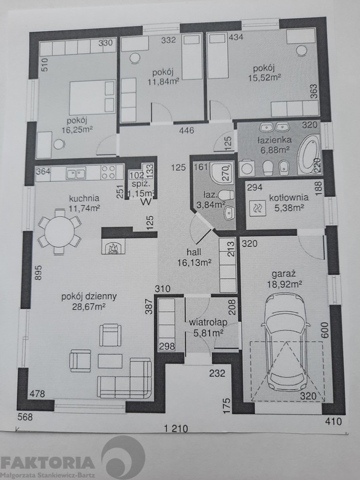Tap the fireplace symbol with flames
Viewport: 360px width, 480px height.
coord(113,247)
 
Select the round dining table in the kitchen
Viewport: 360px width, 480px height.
coord(60,232)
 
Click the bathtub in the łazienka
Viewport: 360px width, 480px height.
coord(308,157)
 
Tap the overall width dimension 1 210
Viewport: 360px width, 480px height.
coord(176,428)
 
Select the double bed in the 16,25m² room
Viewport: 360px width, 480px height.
coord(92,97)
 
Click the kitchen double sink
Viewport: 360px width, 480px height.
coord(76,173)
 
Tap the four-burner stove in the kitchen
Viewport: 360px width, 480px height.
coord(108,172)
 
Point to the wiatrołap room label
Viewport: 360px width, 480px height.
coord(208,322)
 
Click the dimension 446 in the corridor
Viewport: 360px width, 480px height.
coord(187,131)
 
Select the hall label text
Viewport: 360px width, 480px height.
coord(194,252)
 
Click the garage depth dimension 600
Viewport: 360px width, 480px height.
coord(325,330)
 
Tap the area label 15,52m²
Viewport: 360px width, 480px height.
coord(264,78)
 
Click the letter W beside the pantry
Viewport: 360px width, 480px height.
coord(147,202)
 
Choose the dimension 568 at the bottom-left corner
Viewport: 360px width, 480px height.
coord(25,417)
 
